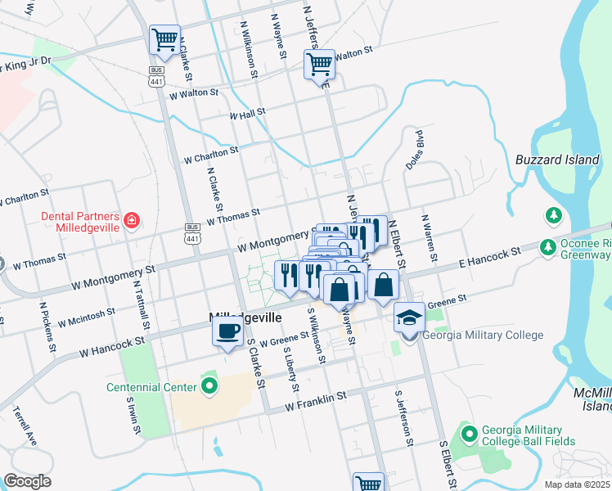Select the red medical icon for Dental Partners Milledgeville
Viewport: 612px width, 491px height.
(x=131, y=219)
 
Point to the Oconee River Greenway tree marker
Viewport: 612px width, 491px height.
(x=554, y=215)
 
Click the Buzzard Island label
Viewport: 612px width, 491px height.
(x=558, y=160)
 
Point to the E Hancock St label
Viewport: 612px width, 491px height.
(x=489, y=259)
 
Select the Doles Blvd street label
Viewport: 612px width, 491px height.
(x=414, y=149)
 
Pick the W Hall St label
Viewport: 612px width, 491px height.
(x=248, y=115)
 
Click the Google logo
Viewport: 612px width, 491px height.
(x=27, y=481)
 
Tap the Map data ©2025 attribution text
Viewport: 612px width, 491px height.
(x=577, y=484)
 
